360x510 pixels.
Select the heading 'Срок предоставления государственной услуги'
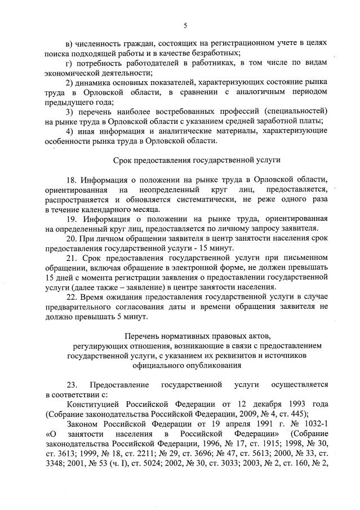click(197, 161)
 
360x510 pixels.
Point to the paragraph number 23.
click(72, 385)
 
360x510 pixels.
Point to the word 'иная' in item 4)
click(87, 131)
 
